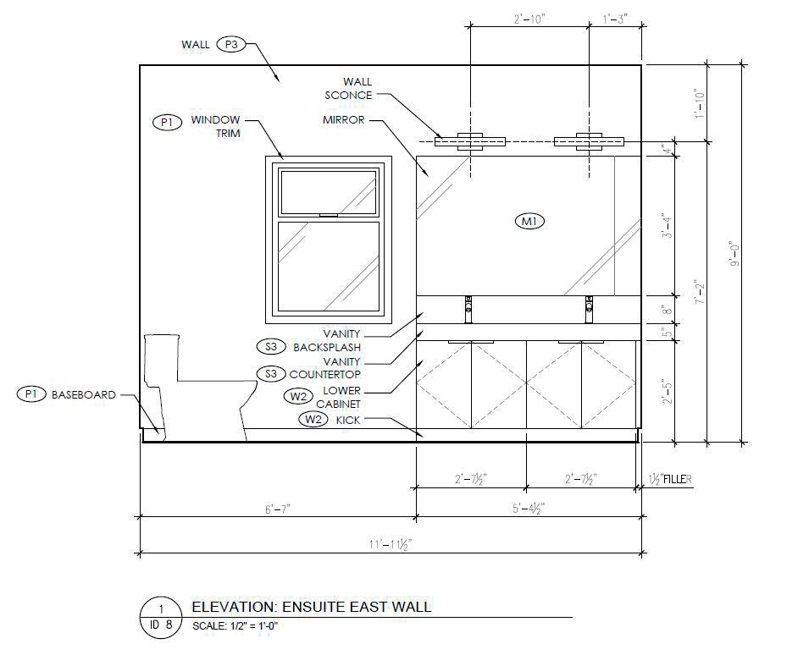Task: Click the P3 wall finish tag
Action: click(x=231, y=45)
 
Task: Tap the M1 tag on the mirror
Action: click(x=530, y=221)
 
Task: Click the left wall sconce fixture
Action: click(x=469, y=141)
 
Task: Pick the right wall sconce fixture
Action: click(x=589, y=141)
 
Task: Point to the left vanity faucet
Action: click(x=468, y=309)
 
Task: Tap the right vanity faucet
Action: click(x=589, y=309)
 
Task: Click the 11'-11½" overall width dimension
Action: click(x=391, y=544)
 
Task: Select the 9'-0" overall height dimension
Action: click(x=734, y=254)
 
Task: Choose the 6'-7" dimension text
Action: click(x=278, y=509)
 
